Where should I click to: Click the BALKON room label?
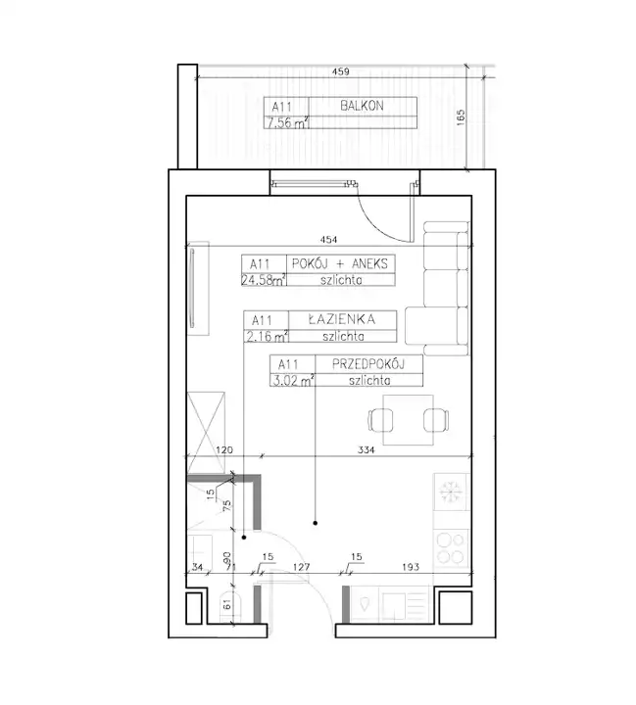point(362,106)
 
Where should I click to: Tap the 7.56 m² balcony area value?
point(287,122)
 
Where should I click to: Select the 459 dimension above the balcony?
point(340,71)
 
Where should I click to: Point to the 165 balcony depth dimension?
point(461,117)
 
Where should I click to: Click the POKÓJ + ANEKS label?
point(340,263)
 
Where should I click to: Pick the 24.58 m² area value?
point(264,280)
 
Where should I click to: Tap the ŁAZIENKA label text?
point(342,319)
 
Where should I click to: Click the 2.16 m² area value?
point(267,336)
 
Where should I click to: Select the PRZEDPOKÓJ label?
point(368,363)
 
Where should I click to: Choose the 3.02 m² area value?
point(293,381)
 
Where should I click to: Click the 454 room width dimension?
point(328,240)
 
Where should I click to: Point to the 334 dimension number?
point(366,449)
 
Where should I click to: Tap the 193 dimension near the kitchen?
point(411,567)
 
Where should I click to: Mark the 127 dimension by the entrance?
point(301,567)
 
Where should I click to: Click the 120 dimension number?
point(224,449)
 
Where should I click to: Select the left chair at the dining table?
point(380,420)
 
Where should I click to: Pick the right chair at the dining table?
point(436,420)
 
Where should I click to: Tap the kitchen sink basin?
point(365,604)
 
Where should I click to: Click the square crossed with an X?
point(206,433)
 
